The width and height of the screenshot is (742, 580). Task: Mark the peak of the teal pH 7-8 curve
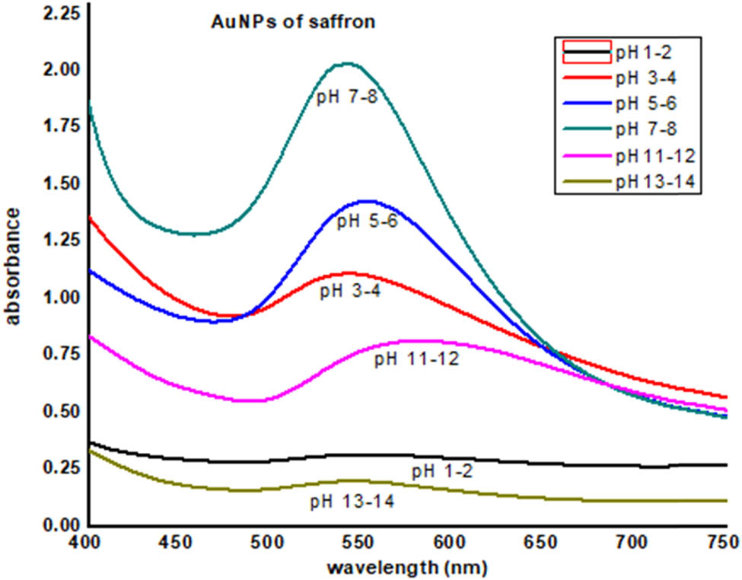click(348, 63)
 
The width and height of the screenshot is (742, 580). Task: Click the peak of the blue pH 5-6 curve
click(368, 201)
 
